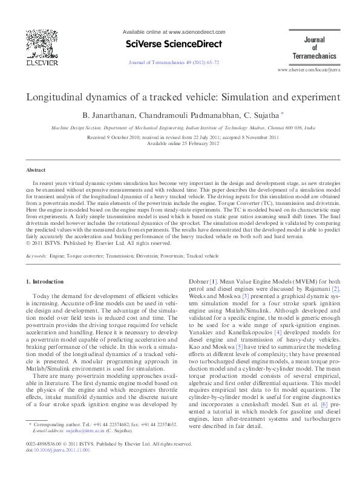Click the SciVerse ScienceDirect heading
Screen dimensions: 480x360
[174, 44]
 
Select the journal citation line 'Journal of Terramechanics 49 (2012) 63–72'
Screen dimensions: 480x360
[174, 62]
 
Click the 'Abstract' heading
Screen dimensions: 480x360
[36, 171]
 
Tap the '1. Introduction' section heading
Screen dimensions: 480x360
[45, 282]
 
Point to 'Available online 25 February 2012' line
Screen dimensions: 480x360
[182, 143]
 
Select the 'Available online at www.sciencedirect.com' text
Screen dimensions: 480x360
[174, 32]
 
